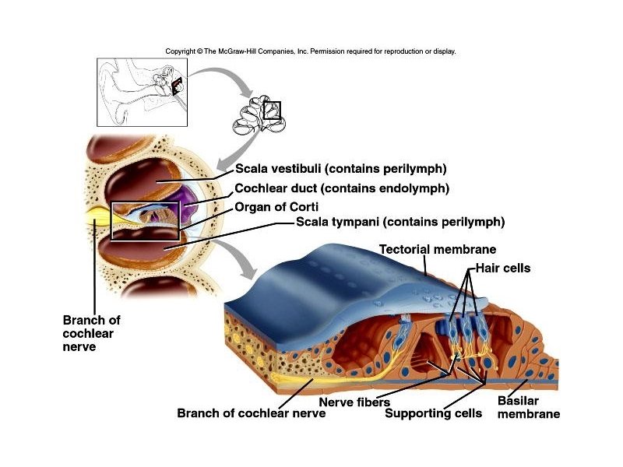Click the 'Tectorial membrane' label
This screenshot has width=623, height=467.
tap(438, 250)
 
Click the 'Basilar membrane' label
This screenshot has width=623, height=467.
tap(528, 408)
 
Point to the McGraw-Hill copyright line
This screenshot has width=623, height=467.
tap(310, 51)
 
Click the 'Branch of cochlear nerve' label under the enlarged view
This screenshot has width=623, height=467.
tap(251, 413)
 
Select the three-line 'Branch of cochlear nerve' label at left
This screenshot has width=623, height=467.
tap(91, 333)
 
